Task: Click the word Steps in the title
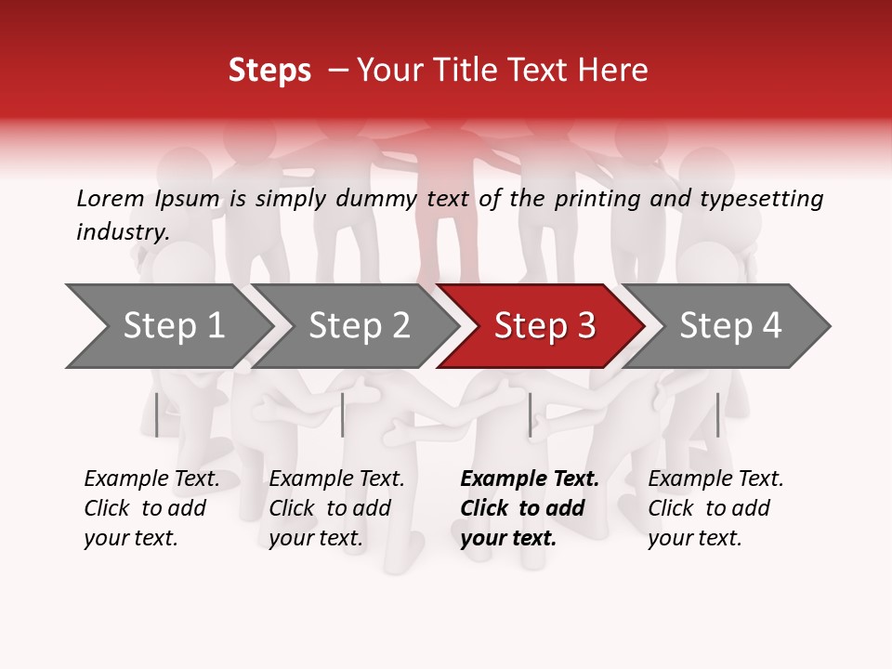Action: click(x=269, y=70)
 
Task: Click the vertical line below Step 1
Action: click(x=156, y=414)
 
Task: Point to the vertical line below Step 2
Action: click(x=343, y=414)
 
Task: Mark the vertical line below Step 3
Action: click(x=530, y=414)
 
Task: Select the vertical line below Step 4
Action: click(x=717, y=414)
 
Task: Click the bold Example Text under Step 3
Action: click(x=530, y=479)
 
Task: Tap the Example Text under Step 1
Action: click(x=151, y=479)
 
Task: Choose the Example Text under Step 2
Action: click(x=336, y=479)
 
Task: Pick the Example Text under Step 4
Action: click(x=715, y=479)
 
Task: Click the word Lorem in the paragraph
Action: click(x=110, y=199)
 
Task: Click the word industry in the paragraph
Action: click(x=122, y=232)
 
